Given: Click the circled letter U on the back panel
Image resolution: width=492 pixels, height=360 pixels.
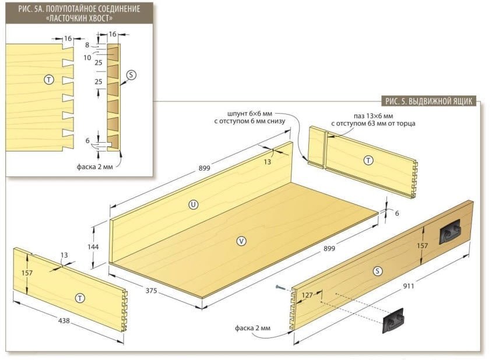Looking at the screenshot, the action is (x=194, y=205).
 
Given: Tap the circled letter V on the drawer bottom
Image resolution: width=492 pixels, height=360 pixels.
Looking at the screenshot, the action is (x=241, y=241).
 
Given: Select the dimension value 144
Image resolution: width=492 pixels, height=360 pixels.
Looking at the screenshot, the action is (x=93, y=247).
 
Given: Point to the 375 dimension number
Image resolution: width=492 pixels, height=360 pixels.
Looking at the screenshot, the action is (x=151, y=291).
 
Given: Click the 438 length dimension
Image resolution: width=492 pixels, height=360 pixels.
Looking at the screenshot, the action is (x=64, y=321).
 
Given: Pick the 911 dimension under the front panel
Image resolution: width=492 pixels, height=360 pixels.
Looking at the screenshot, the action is (x=409, y=285).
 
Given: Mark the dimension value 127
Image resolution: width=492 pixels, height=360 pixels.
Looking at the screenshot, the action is (x=307, y=295).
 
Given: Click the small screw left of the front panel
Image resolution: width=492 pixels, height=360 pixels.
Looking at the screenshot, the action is (x=281, y=287).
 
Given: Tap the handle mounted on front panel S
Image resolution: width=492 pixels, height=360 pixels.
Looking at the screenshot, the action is (x=450, y=232).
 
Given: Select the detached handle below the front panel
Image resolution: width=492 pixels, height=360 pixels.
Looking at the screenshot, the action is (x=393, y=320).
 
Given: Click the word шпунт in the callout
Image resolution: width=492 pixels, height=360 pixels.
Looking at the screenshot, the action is (x=237, y=114).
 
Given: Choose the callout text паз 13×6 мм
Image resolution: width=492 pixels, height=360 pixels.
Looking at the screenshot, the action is (x=374, y=116).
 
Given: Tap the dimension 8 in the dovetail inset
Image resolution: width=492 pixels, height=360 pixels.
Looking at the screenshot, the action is (x=87, y=45).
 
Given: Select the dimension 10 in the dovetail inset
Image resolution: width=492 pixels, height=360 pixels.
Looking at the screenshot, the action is (x=87, y=58).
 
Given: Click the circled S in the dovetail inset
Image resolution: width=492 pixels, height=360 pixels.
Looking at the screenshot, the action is (x=131, y=75).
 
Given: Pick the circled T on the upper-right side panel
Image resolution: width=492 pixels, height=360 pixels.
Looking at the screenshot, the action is (x=368, y=161).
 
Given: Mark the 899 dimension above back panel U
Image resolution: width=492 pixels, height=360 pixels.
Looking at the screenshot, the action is (x=204, y=168).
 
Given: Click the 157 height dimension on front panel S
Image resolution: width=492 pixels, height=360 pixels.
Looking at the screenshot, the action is (x=423, y=246).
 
